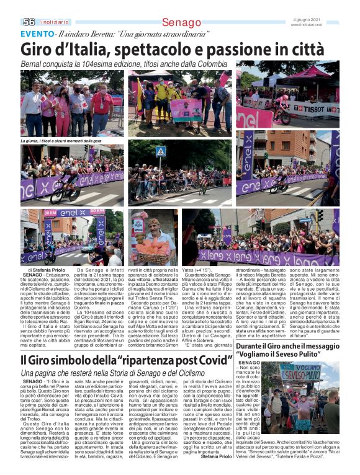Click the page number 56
point(29,21)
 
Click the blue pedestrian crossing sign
point(160,151)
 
